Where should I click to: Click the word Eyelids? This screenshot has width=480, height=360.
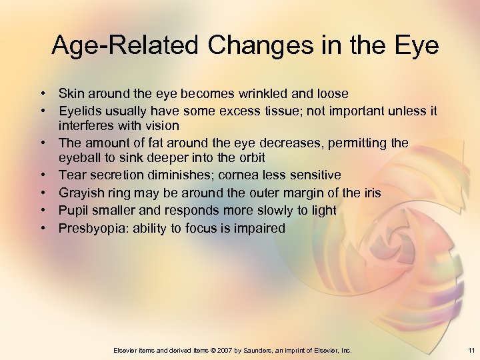tap(79, 111)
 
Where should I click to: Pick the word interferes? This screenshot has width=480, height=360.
tap(86, 126)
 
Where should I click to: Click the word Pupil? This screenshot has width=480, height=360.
tap(73, 211)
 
